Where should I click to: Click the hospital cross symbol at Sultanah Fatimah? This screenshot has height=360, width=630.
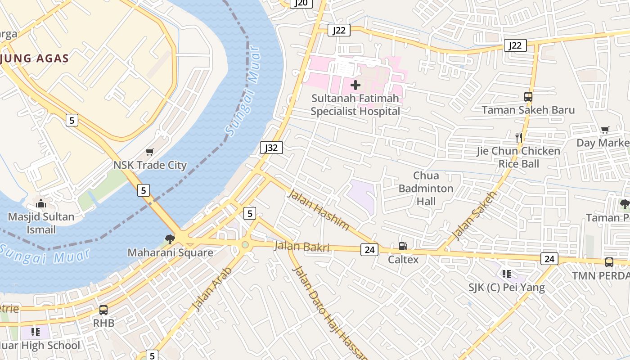(355, 85)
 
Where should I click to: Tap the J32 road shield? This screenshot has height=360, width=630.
(271, 148)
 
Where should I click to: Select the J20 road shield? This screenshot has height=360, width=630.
(301, 3)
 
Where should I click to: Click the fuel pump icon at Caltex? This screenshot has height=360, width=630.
(403, 246)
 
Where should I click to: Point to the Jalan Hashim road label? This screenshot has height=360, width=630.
(318, 210)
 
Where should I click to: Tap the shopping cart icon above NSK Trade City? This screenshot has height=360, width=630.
(149, 152)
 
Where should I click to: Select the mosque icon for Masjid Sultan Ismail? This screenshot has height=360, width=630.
(41, 204)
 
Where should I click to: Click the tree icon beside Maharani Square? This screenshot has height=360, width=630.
(170, 239)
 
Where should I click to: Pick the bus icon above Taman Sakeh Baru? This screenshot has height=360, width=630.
(528, 96)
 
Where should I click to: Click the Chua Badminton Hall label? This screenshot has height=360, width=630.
(426, 188)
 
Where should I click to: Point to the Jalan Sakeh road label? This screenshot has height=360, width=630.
(474, 215)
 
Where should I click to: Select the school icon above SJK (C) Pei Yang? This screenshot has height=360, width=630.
(507, 274)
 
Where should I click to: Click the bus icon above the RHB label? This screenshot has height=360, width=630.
(103, 310)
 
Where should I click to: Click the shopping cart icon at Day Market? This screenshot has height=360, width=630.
(605, 130)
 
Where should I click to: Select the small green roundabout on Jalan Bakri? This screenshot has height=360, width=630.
(245, 245)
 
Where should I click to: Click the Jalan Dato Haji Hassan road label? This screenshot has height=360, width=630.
(324, 310)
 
